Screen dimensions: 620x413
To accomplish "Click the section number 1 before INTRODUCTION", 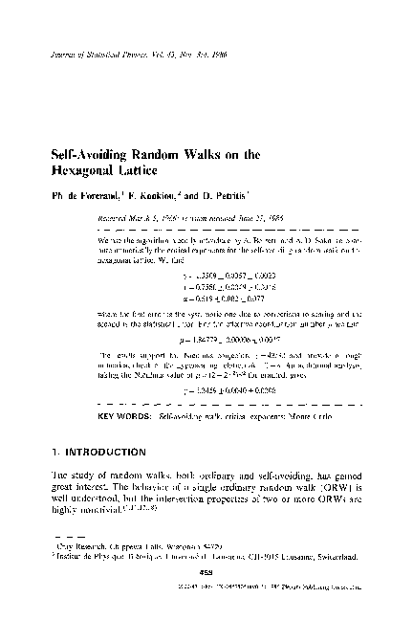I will point(54,425).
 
